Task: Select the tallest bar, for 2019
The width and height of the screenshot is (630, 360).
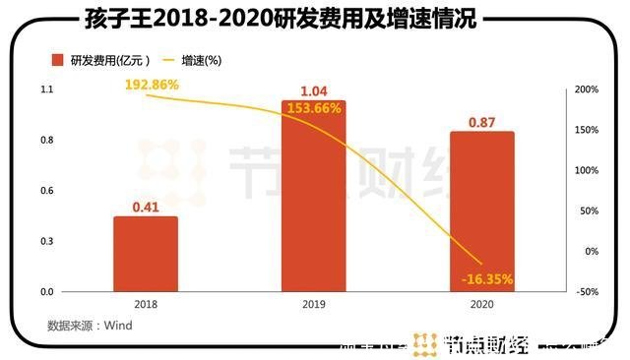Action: [314, 196]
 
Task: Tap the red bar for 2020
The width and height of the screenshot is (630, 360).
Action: [481, 211]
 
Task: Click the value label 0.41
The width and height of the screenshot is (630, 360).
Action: [146, 208]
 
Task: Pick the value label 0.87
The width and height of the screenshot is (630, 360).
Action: [481, 121]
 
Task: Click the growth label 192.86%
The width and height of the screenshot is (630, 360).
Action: [152, 86]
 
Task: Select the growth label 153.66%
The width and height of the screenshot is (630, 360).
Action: [315, 108]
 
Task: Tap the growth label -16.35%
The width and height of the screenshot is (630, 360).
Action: [486, 279]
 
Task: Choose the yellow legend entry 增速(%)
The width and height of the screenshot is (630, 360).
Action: [201, 61]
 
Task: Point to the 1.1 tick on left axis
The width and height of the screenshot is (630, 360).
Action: [46, 90]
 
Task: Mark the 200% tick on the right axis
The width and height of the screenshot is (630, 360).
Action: [588, 90]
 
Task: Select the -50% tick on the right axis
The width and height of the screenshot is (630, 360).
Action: [588, 292]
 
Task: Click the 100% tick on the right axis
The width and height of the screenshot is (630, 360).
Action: [588, 170]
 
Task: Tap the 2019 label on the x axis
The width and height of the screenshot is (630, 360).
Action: [314, 305]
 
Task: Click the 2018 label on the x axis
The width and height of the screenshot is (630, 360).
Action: [145, 305]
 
